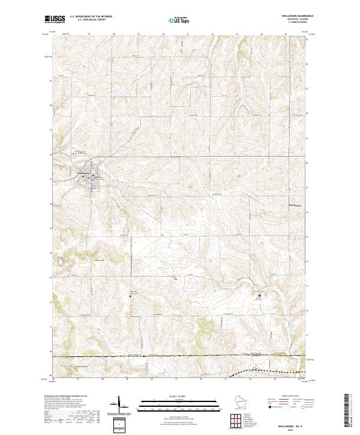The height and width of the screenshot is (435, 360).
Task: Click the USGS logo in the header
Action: (x=55, y=19)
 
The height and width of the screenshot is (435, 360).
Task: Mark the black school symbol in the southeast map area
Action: (x=259, y=296)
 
